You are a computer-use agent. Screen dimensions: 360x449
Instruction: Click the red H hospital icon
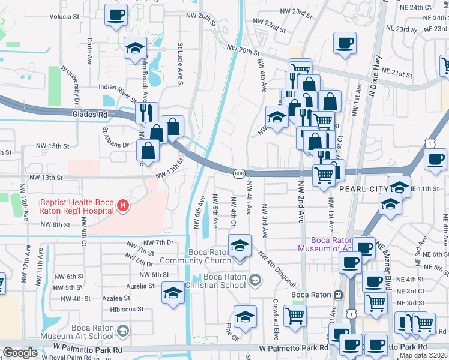click(x=123, y=206)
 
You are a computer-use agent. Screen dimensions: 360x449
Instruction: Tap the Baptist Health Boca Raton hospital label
click(x=77, y=206)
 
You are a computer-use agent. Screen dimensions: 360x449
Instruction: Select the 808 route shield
click(x=238, y=173)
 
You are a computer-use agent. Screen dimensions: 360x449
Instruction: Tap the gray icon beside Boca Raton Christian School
click(x=255, y=280)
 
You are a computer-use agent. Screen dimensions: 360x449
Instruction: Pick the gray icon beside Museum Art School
click(x=123, y=331)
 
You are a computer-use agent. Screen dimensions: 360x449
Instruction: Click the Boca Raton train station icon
click(x=339, y=295)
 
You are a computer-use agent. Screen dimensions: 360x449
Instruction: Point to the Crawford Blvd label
click(x=276, y=326)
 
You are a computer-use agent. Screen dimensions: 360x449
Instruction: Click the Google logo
click(x=20, y=353)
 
